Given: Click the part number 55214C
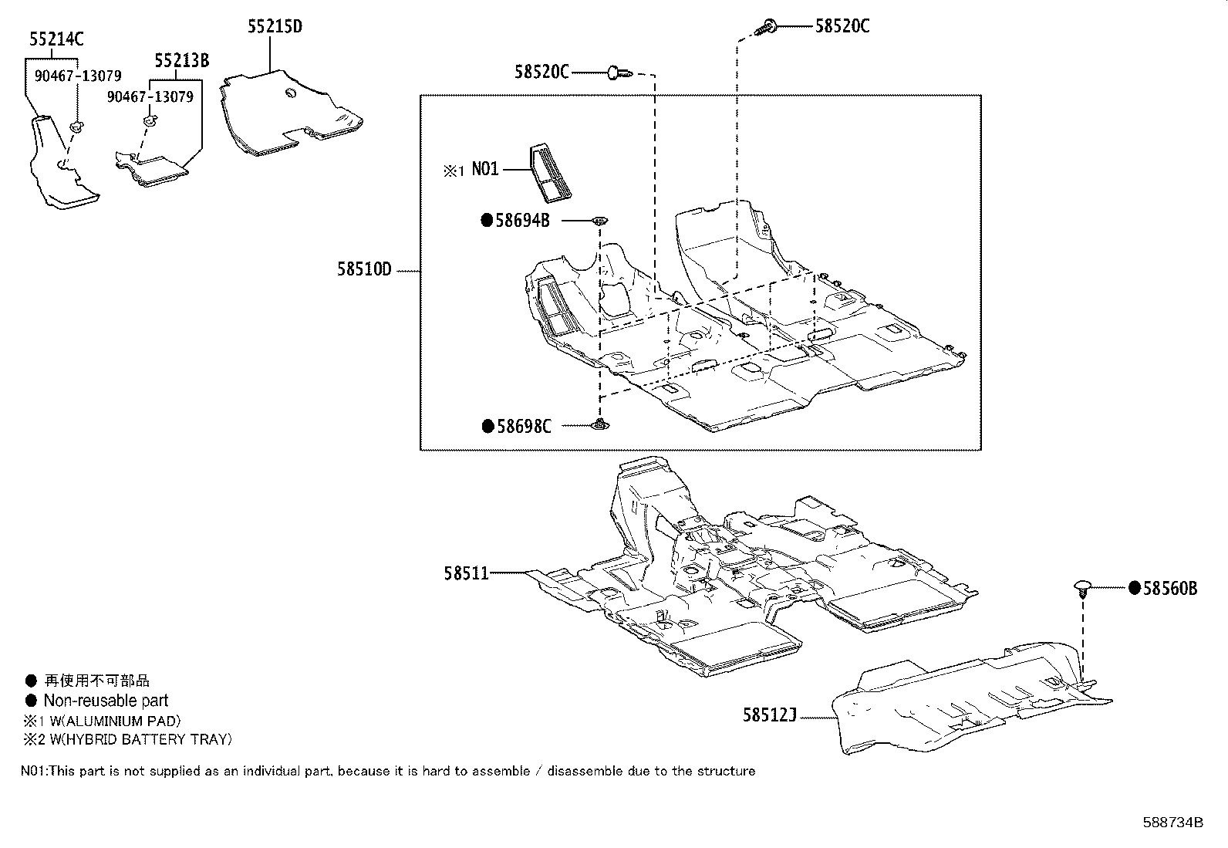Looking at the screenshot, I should tap(56, 39).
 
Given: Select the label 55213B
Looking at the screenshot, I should tap(181, 61).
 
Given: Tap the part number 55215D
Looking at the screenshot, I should tap(275, 27).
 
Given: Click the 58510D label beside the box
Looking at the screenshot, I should tap(364, 270).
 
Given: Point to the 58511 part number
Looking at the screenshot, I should tap(466, 573).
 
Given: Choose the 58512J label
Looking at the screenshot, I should tap(769, 715).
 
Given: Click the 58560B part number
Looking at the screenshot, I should tap(1169, 589).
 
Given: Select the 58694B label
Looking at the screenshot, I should tap(522, 221).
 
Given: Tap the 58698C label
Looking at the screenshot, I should tap(524, 426).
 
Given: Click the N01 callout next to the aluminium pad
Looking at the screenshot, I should tap(485, 170).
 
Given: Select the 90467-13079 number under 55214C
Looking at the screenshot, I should tap(77, 76).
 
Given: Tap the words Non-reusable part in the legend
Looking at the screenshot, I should tap(106, 701).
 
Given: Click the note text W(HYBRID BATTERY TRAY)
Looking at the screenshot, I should tap(135, 739).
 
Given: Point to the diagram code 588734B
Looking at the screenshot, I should tap(1172, 822).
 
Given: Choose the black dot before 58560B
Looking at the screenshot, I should tap(1134, 589).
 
